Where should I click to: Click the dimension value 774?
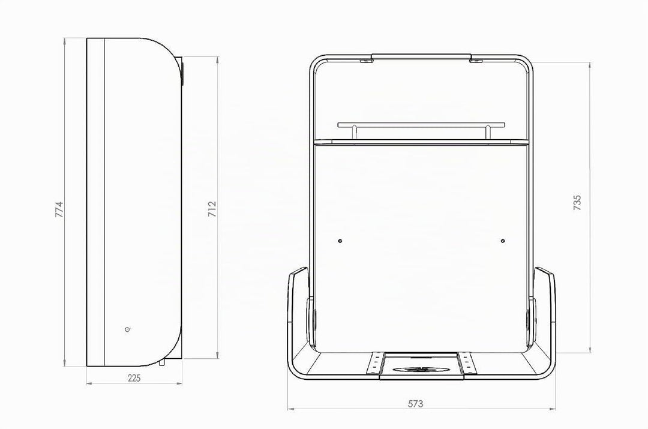(x=59, y=209)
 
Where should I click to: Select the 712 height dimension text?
(x=212, y=209)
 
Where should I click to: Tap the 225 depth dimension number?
(x=134, y=378)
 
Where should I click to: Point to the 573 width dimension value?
(x=415, y=404)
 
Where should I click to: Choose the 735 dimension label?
(x=577, y=203)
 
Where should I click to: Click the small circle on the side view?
(x=127, y=329)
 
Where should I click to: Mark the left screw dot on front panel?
(x=340, y=241)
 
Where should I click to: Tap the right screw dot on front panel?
(x=503, y=241)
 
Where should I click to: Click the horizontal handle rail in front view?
(x=421, y=124)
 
